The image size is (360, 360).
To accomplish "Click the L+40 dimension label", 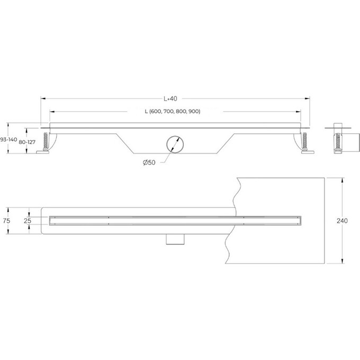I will (x=169, y=98).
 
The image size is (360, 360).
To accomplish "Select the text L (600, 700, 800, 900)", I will (x=172, y=112).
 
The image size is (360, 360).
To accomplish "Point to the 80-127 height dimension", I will (x=26, y=142).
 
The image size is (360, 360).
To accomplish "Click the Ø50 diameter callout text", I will (x=149, y=163).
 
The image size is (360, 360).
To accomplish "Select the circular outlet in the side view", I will (x=175, y=144).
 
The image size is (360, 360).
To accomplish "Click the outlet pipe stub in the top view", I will (x=174, y=240).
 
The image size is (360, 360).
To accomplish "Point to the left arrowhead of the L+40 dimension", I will (x=43, y=98).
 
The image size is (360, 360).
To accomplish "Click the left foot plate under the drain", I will (x=42, y=154).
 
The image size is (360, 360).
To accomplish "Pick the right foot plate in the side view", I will (x=308, y=154).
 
